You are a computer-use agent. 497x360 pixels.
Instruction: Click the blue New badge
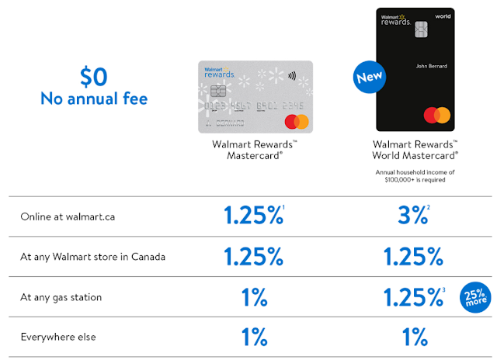click(370, 78)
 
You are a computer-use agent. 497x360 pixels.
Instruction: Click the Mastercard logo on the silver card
click(297, 122)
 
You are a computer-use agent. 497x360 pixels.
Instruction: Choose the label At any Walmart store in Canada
click(93, 256)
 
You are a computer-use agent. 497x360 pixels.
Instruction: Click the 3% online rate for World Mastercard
click(409, 216)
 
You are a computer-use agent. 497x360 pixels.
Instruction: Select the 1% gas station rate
click(253, 296)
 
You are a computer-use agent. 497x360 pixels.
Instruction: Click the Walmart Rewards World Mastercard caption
click(415, 149)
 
